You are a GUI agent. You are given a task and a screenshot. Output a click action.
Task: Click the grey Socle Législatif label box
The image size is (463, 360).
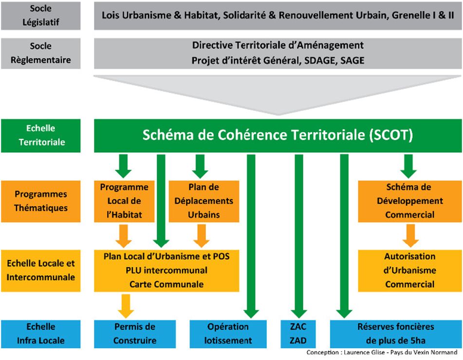coord(40,15)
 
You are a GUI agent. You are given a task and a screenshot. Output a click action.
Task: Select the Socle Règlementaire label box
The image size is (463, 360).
coord(40,54)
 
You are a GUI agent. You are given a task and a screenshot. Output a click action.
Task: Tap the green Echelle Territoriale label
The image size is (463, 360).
coord(40,136)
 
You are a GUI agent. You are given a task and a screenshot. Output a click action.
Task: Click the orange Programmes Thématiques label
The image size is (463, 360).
coord(40,201)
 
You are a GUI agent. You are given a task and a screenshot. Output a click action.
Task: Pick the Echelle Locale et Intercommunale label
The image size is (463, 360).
coord(40,270)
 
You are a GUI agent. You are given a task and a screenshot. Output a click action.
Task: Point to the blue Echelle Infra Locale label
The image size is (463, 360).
coord(40,334)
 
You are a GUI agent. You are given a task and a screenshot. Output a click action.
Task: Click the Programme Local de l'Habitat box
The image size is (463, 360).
coord(124,201)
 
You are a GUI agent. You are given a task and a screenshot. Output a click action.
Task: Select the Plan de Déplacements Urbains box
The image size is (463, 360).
coord(204,201)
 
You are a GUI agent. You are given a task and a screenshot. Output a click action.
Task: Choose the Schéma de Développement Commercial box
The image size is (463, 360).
coord(409,201)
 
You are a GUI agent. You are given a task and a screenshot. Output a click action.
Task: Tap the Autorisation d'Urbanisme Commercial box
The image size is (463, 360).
coord(409,270)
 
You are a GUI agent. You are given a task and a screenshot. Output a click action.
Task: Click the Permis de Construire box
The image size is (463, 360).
coord(134,334)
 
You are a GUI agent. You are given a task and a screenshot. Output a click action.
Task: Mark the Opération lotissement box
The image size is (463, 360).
coord(228,334)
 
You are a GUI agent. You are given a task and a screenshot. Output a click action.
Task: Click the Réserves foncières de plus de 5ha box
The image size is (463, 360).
coord(395,334)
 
